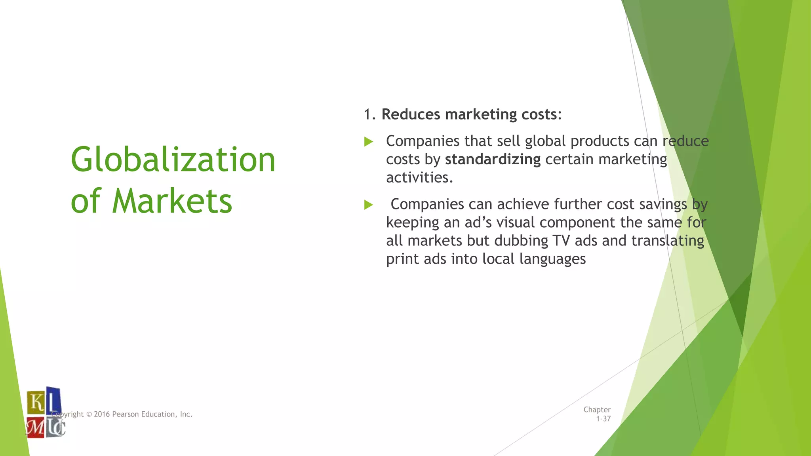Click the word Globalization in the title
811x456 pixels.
click(173, 160)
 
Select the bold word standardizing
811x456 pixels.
click(493, 160)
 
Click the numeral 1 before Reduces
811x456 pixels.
click(368, 114)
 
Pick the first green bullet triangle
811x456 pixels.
click(369, 141)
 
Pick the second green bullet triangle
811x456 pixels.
click(369, 205)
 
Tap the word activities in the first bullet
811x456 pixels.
click(419, 178)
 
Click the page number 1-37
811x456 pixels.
click(603, 419)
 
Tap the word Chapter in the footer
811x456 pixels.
click(597, 410)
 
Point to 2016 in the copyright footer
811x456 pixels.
click(102, 414)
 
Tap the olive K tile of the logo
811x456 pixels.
click(36, 402)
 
